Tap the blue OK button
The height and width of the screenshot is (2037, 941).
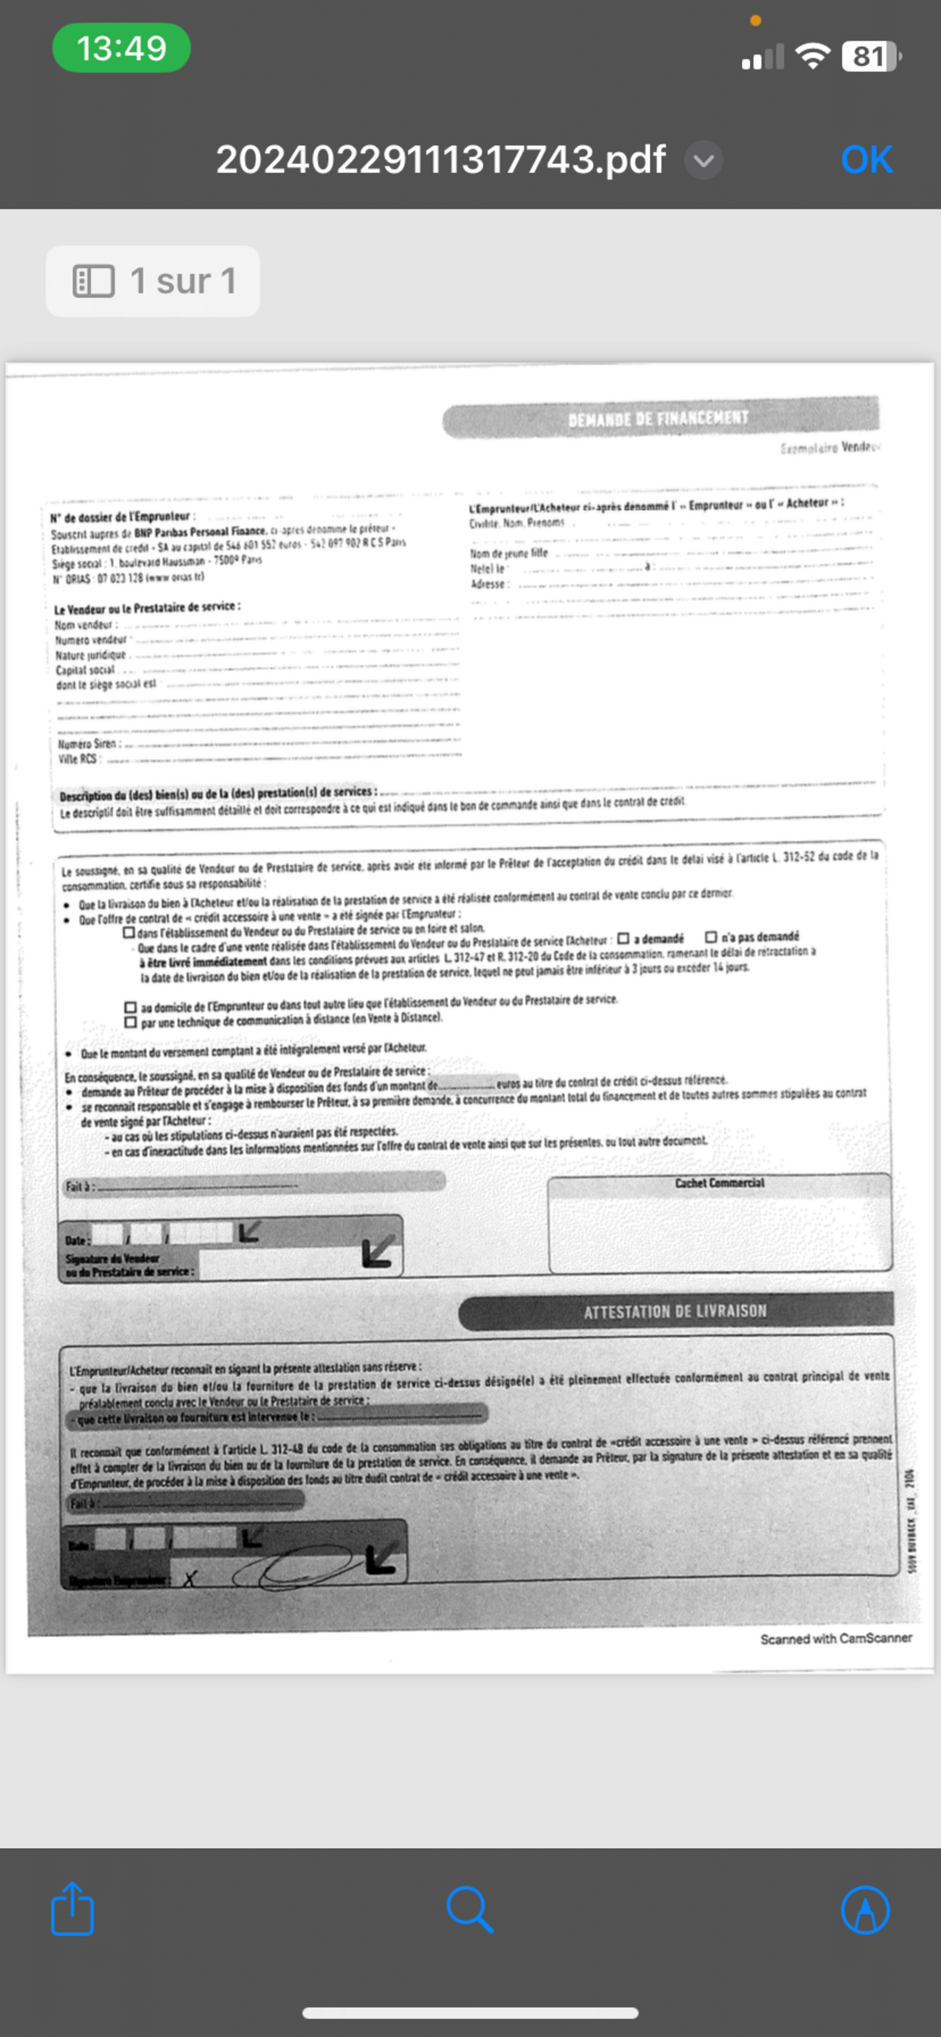pyautogui.click(x=867, y=160)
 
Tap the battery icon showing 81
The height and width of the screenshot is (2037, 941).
pyautogui.click(x=870, y=56)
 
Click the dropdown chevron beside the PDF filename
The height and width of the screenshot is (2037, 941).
pyautogui.click(x=703, y=160)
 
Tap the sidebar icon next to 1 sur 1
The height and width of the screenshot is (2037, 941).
pyautogui.click(x=93, y=281)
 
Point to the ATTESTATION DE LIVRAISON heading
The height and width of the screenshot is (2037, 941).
pyautogui.click(x=675, y=1311)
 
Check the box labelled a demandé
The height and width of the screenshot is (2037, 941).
pyautogui.click(x=623, y=939)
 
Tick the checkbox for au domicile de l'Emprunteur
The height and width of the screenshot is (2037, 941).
pyautogui.click(x=130, y=1007)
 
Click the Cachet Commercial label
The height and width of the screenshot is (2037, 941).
pyautogui.click(x=719, y=1183)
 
